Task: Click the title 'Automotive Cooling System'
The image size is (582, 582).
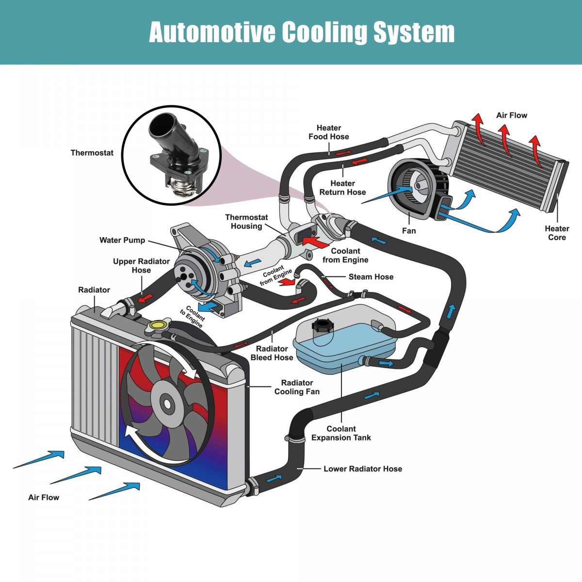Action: tap(302, 32)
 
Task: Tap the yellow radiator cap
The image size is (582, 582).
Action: tap(158, 325)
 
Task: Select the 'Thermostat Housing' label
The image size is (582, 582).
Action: tap(246, 222)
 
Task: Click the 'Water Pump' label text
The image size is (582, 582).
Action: tap(122, 240)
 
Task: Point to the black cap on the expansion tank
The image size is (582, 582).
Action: tap(321, 325)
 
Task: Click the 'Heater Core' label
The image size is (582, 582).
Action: tap(557, 233)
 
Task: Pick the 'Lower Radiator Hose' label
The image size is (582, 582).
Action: tap(363, 469)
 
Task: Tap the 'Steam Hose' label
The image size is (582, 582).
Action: tap(371, 276)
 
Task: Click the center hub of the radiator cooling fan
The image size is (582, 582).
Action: tap(167, 403)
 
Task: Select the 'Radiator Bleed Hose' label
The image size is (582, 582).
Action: tap(272, 353)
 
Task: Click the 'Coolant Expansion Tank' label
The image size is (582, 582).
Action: tap(341, 433)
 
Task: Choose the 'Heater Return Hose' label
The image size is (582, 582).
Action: tap(342, 188)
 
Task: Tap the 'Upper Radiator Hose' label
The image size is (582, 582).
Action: tap(141, 266)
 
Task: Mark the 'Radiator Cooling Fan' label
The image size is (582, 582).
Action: tap(297, 387)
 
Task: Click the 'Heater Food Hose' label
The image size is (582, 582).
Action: tap(329, 132)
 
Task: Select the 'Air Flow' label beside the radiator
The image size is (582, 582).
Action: tap(44, 497)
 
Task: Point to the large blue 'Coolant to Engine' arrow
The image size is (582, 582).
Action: tap(210, 307)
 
